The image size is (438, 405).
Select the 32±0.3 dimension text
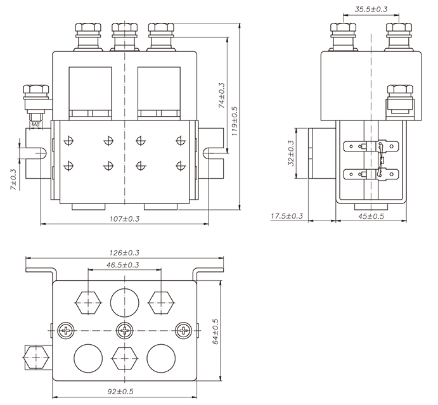(291, 153)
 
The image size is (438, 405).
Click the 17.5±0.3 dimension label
(287, 216)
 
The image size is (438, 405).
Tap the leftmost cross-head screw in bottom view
(65, 330)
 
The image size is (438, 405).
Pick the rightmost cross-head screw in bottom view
(184, 330)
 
